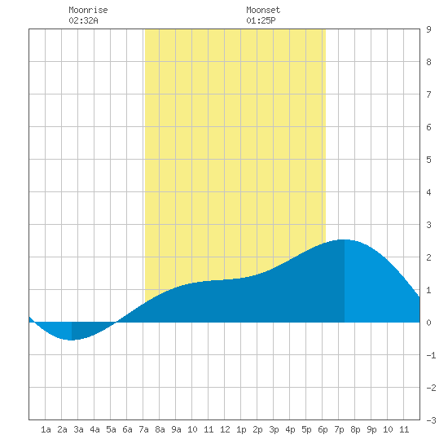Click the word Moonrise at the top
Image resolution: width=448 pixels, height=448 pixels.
[88, 10]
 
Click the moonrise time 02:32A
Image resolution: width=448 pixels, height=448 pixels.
[83, 20]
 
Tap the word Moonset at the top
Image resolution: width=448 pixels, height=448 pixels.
[263, 10]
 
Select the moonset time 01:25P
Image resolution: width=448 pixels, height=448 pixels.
[261, 20]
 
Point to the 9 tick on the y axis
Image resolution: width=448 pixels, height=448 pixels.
[428, 29]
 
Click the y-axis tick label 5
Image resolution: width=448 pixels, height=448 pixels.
[428, 160]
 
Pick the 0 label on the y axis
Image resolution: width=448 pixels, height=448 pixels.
[428, 323]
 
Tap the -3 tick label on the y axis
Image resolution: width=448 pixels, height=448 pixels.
[431, 420]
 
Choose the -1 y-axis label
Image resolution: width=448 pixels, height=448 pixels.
[431, 355]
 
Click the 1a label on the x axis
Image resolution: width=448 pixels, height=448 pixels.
[46, 429]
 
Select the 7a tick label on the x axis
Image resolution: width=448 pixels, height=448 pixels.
[143, 429]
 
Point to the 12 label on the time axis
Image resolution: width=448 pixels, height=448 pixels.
[225, 429]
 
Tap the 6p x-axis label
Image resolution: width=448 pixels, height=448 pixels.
[323, 429]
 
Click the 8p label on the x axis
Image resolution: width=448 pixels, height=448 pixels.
[355, 429]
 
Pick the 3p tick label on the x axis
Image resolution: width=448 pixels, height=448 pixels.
[274, 429]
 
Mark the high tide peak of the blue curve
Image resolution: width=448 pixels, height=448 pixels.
[345, 239]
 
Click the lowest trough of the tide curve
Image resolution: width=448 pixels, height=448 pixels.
[71, 340]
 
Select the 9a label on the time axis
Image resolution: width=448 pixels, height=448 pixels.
[176, 429]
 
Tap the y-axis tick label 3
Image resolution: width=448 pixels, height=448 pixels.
[428, 225]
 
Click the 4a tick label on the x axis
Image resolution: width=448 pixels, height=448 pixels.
[94, 429]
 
